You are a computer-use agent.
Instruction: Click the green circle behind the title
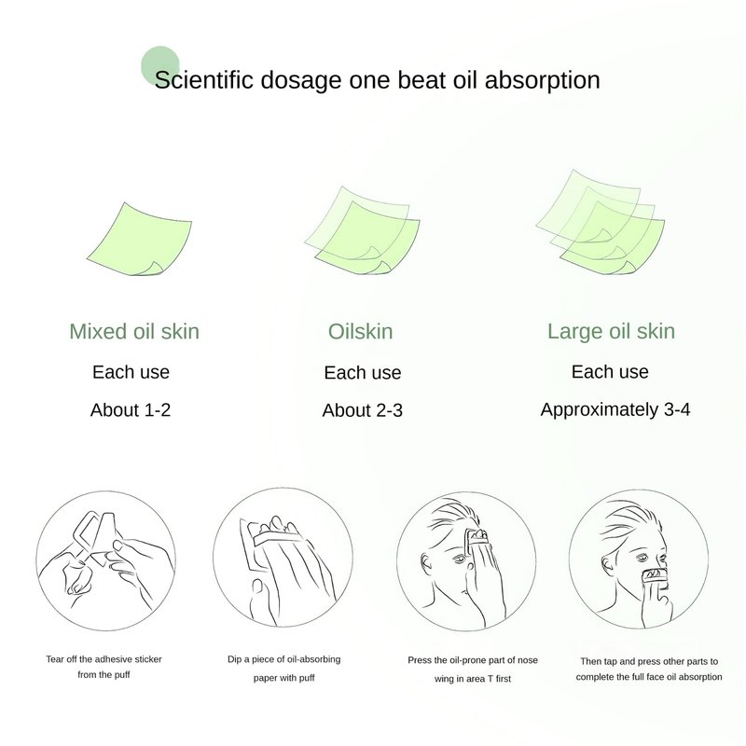160,65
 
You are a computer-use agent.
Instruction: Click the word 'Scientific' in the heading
203,79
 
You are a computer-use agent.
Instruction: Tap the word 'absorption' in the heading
543,80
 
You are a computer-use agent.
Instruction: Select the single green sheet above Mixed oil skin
139,239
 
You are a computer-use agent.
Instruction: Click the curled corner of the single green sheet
155,268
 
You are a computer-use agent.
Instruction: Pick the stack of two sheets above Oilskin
363,230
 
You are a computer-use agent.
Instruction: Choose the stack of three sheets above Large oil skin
601,222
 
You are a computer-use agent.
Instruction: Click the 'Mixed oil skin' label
134,332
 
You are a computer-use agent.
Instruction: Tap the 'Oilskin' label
361,332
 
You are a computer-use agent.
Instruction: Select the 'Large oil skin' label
611,332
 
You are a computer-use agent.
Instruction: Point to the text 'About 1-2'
131,409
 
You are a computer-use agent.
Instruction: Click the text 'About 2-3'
363,410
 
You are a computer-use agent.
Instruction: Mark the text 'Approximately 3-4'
615,409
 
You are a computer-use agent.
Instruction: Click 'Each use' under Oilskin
363,372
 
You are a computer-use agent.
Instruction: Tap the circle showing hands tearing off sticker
105,561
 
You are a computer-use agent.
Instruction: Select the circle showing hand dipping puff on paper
283,558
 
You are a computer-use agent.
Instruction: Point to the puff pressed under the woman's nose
656,576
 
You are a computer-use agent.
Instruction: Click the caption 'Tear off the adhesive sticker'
104,659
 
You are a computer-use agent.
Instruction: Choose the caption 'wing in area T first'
473,679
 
